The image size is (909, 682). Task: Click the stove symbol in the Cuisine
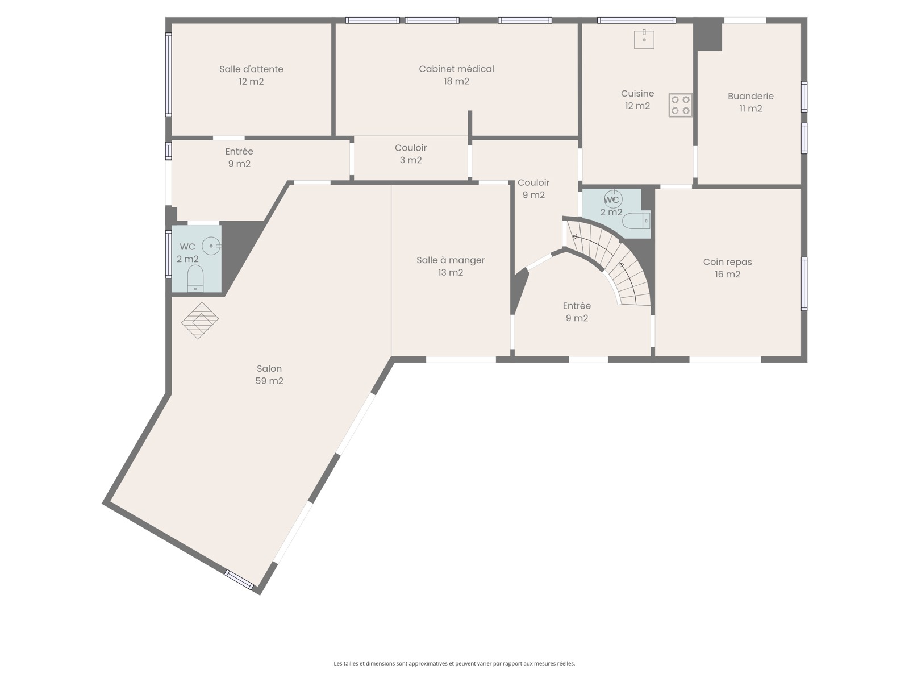coord(679,105)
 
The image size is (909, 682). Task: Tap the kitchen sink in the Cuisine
coord(644,39)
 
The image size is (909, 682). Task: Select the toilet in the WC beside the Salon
coord(195,278)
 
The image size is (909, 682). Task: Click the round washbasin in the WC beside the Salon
coord(211,246)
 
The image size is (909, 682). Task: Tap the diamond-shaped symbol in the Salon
coord(199,321)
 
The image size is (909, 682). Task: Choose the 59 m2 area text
coord(269,381)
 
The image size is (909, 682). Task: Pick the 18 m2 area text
coord(456,82)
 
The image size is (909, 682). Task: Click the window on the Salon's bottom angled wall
coord(239,579)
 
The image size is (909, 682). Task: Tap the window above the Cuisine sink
coord(636,20)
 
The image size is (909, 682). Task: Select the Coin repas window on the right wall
coord(804,284)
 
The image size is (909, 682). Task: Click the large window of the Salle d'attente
coord(169,74)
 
